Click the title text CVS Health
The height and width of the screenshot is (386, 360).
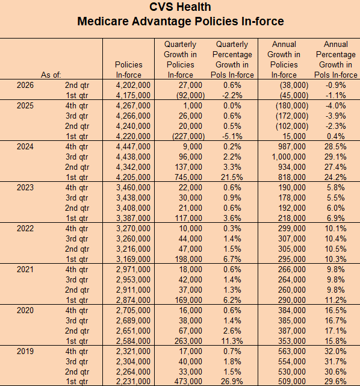click(180, 7)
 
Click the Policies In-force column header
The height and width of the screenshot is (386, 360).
click(128, 70)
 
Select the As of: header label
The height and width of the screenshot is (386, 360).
click(51, 75)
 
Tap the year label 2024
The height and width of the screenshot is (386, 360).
click(25, 147)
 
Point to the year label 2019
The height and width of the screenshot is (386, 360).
click(25, 351)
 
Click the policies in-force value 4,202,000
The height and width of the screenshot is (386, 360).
click(133, 86)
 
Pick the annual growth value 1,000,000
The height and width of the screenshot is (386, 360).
click(288, 157)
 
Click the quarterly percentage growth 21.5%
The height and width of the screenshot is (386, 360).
click(232, 178)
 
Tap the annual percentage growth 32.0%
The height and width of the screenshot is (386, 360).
click(335, 351)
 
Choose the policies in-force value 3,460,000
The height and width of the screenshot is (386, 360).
click(133, 188)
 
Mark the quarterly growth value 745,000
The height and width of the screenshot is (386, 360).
click(188, 178)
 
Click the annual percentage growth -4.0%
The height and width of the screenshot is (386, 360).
click(336, 106)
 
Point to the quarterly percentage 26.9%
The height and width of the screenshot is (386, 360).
click(232, 382)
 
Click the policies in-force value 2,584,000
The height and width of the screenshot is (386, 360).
click(133, 341)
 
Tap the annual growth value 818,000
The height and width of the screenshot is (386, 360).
click(292, 178)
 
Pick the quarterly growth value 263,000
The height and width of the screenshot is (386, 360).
click(188, 341)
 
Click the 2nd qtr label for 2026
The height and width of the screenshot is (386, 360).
click(77, 86)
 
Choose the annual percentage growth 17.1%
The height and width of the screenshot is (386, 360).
click(335, 331)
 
